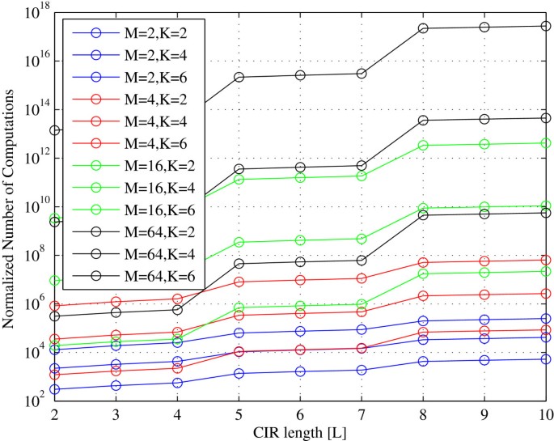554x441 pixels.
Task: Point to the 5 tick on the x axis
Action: pyautogui.click(x=239, y=413)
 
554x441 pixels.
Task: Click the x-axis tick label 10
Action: pyautogui.click(x=545, y=413)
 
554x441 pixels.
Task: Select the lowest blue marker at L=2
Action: pyautogui.click(x=54, y=389)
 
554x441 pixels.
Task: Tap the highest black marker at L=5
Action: pyautogui.click(x=239, y=77)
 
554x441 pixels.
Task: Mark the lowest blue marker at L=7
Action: pyautogui.click(x=362, y=370)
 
